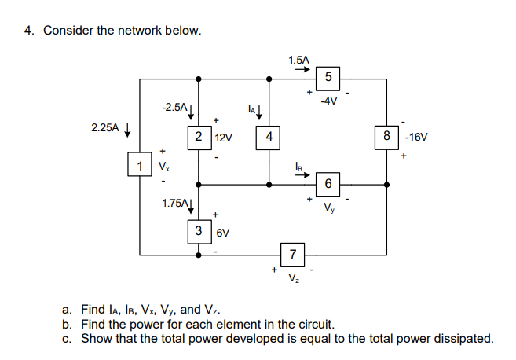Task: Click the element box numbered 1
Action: [x=139, y=165]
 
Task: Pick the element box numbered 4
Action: [x=269, y=137]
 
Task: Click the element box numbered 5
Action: [x=328, y=77]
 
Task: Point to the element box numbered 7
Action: [x=292, y=254]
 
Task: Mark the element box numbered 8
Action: [x=386, y=136]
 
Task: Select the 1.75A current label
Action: [x=174, y=203]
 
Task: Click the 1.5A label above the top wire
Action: [x=298, y=59]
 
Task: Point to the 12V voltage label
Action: [x=223, y=138]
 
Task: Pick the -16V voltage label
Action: [x=417, y=136]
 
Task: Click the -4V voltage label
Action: [x=328, y=100]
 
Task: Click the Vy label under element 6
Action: [x=328, y=208]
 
